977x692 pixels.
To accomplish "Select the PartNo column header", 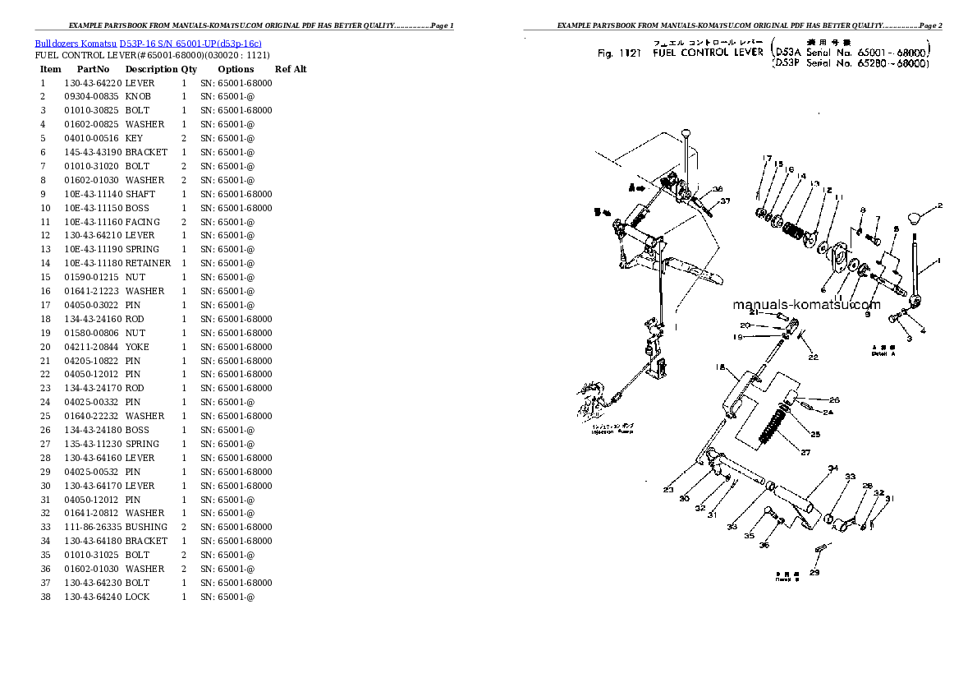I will click(x=93, y=69).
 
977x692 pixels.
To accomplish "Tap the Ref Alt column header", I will click(x=291, y=69).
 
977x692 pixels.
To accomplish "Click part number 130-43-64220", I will click(x=93, y=83).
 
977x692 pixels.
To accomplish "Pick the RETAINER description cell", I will click(x=148, y=263).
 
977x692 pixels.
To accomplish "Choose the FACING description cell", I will click(x=142, y=222).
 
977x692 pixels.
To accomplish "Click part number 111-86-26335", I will click(x=93, y=527).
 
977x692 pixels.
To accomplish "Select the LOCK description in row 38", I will click(x=137, y=597).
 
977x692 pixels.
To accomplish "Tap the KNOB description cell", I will click(x=138, y=97).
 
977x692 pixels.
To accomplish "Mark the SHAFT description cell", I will click(x=140, y=194).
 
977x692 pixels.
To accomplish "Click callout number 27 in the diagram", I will click(x=805, y=453).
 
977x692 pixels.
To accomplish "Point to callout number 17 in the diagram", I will click(x=767, y=159).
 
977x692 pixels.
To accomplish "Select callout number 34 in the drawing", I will click(x=833, y=469).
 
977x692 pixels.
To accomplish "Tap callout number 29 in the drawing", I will click(x=814, y=572).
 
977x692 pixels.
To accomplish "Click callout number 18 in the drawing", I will click(x=719, y=367).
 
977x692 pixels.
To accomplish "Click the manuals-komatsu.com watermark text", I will click(x=806, y=305).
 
